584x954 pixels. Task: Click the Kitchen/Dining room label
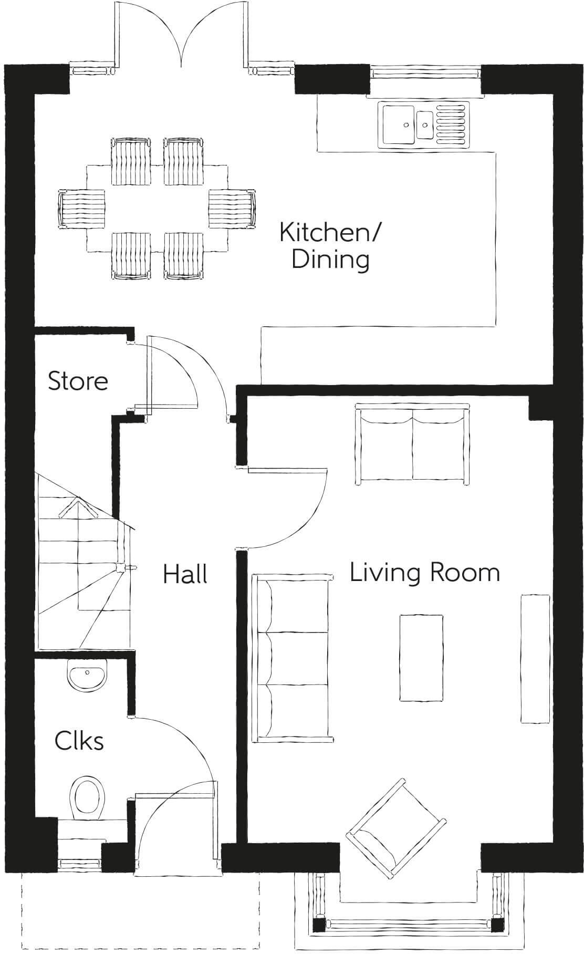coord(330,245)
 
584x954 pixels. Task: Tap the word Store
coord(78,381)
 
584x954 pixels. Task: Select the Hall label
coord(185,574)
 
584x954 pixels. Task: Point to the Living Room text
coord(424,572)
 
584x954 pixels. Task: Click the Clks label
coord(79,741)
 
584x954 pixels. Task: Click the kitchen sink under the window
coord(423,124)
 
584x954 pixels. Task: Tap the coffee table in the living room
coord(421,658)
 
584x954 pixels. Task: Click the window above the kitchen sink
coord(426,72)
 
